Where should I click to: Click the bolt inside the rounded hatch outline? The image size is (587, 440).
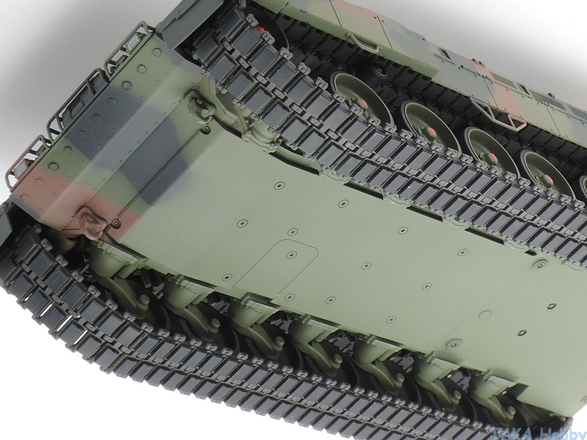(292, 255)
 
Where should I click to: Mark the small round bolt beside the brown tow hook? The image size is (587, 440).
(117, 224)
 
